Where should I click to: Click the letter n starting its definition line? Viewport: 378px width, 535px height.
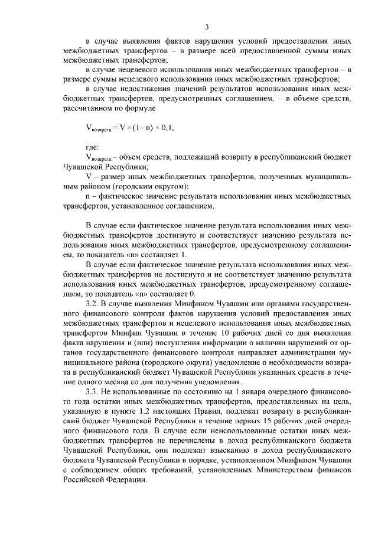pos(88,195)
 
